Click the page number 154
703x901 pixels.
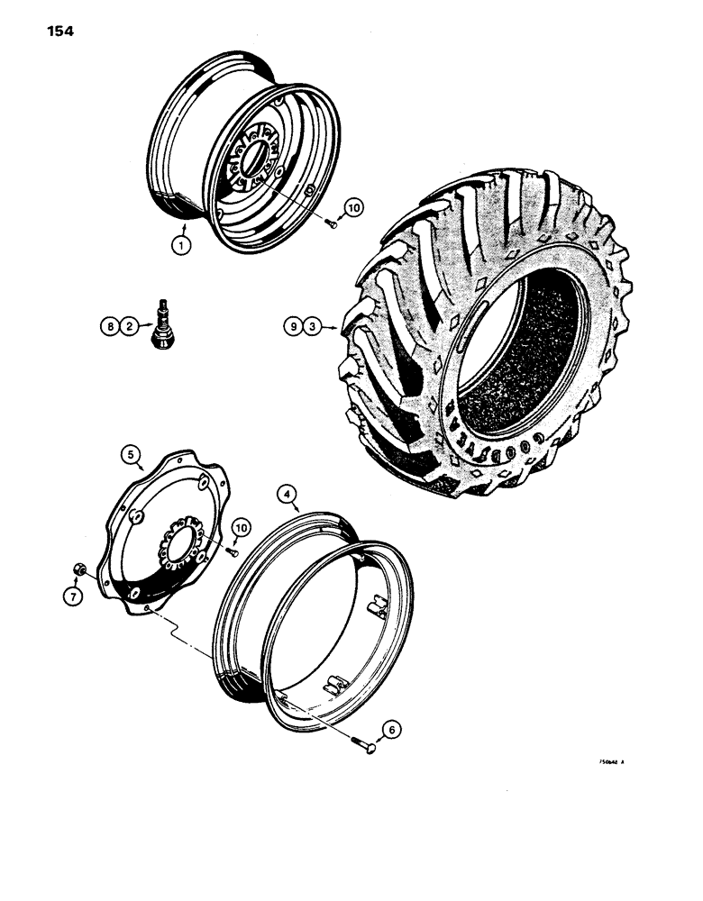coord(57,32)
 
